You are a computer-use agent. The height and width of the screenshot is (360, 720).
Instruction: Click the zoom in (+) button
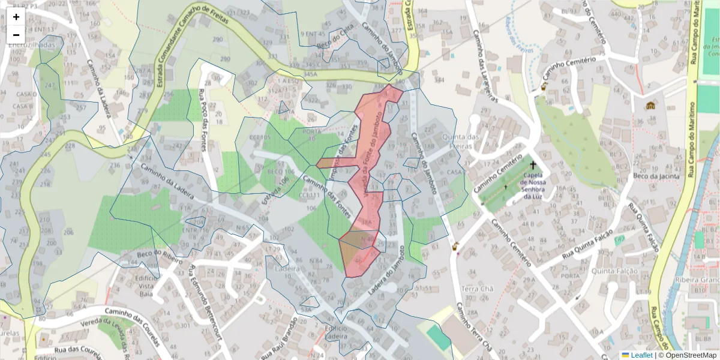(x=16, y=17)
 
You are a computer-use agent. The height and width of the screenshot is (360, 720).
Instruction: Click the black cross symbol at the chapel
(x=533, y=164)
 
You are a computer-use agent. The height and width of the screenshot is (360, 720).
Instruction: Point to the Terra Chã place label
(x=477, y=289)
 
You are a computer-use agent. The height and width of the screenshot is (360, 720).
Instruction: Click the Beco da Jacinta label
(x=656, y=176)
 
